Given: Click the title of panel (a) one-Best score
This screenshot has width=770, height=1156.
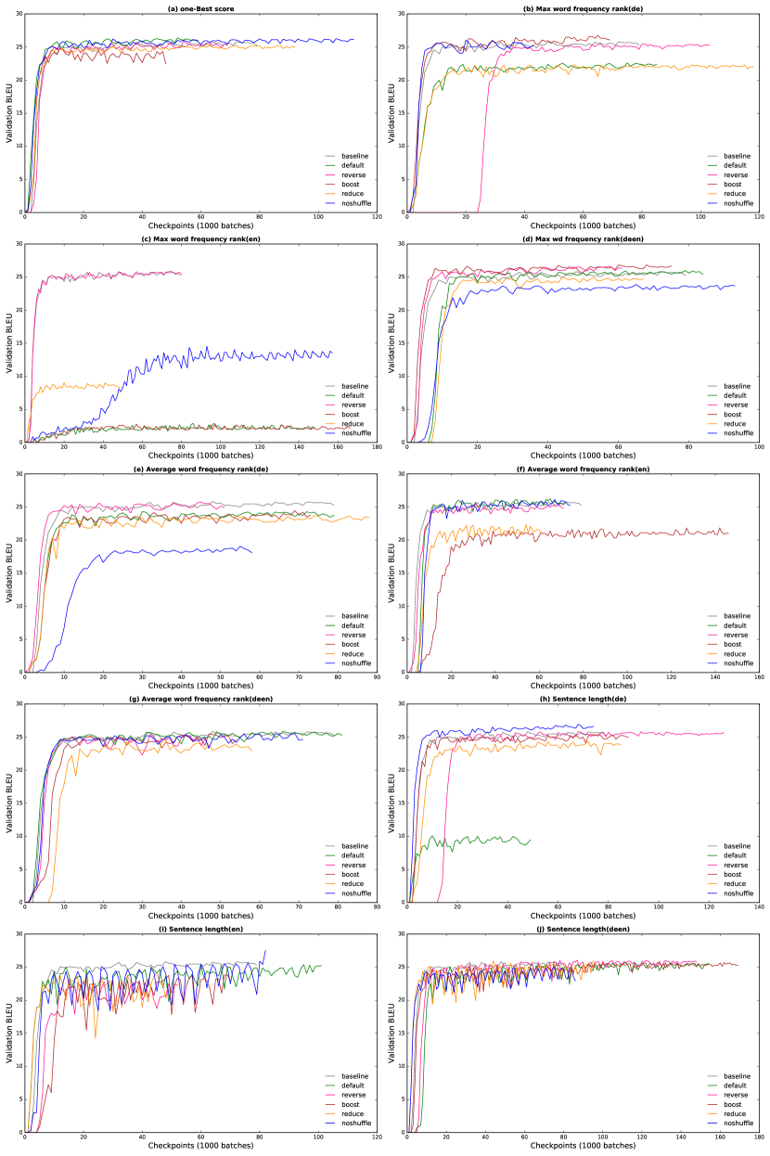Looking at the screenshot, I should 200,8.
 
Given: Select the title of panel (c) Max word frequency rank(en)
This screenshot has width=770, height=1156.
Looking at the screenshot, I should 200,238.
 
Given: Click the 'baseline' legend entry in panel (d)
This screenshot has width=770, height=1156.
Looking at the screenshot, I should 737,386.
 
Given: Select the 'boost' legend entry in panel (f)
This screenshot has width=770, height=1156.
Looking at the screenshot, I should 734,644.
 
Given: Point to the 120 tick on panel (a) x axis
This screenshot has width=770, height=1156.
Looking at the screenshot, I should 376,219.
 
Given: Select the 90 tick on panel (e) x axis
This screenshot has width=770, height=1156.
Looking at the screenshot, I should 376,679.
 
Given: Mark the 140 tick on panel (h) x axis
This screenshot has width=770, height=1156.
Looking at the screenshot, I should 758,909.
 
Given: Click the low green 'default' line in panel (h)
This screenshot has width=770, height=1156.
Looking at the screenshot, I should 482,840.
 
